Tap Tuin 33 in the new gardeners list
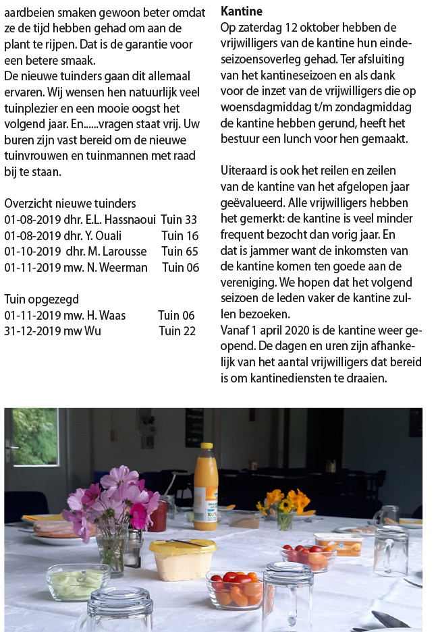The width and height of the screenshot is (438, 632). [x=181, y=219]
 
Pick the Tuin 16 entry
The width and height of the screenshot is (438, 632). [x=180, y=235]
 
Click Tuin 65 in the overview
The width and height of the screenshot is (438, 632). [x=180, y=251]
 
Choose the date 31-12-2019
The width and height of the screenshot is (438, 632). [x=32, y=331]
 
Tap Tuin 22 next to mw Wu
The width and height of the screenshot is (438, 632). [x=177, y=331]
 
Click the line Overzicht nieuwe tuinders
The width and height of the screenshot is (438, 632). [x=70, y=203]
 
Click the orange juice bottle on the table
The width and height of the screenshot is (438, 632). [x=204, y=486]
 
